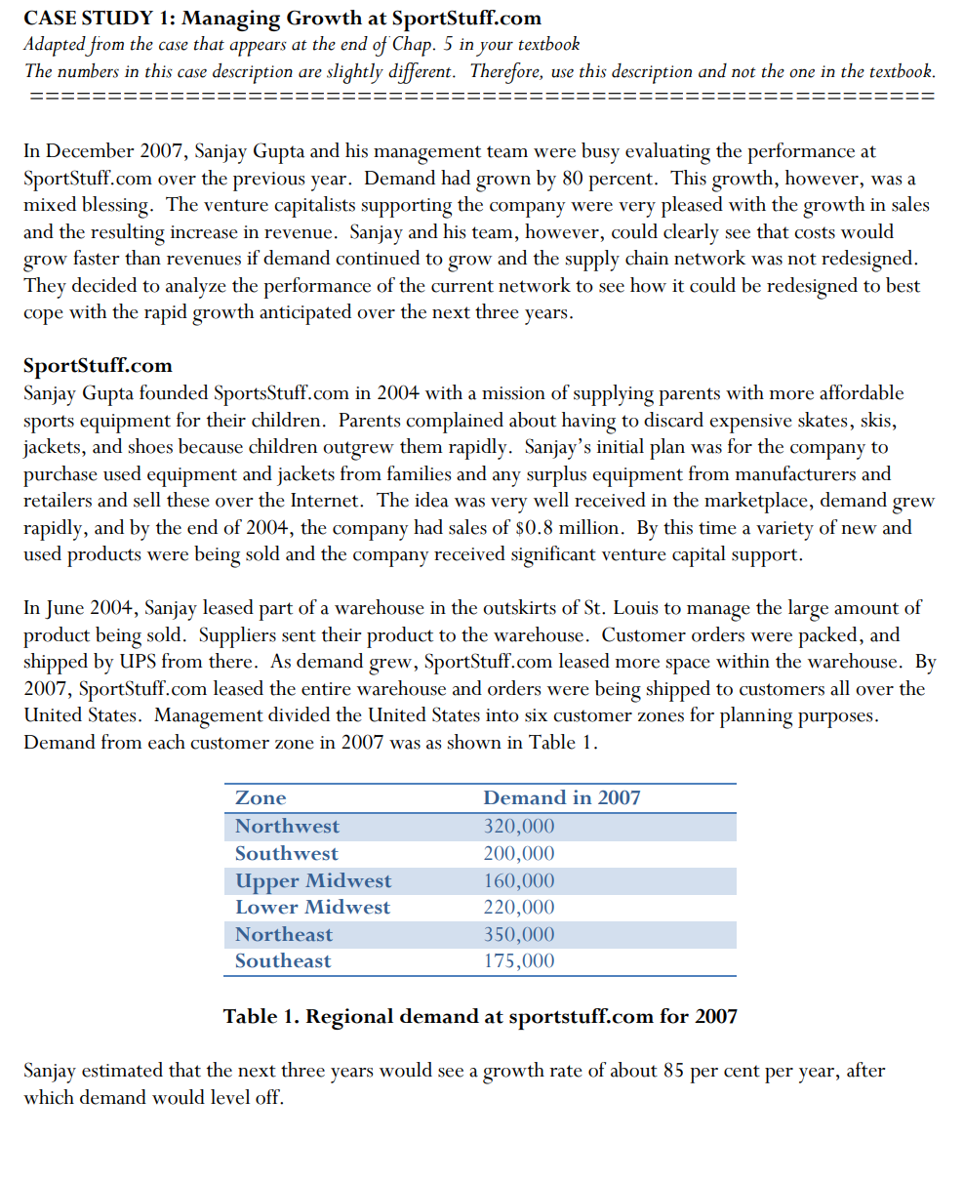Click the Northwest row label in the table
pos(287,826)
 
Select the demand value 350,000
pos(519,934)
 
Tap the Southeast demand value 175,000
pos(519,960)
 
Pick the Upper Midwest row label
pos(312,880)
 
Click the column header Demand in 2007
pos(562,797)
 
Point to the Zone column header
pos(261,797)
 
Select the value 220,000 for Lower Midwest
pos(519,907)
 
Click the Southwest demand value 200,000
pos(519,853)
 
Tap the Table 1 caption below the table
pos(480,1016)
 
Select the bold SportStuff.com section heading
pos(98,365)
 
